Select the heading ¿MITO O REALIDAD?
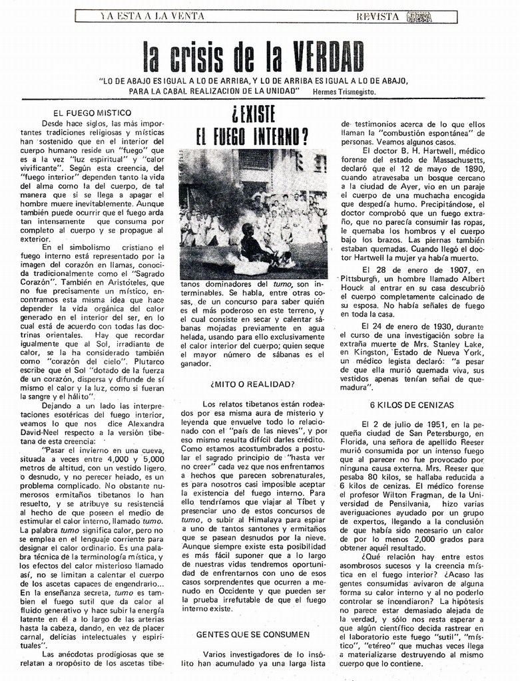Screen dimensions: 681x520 pyautogui.click(x=253, y=384)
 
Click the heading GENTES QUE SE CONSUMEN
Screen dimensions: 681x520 pyautogui.click(x=253, y=635)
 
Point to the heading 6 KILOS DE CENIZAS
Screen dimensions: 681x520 pyautogui.click(x=412, y=404)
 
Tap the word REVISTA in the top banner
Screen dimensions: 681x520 pyautogui.click(x=379, y=16)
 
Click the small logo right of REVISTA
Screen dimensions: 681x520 pyautogui.click(x=418, y=17)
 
